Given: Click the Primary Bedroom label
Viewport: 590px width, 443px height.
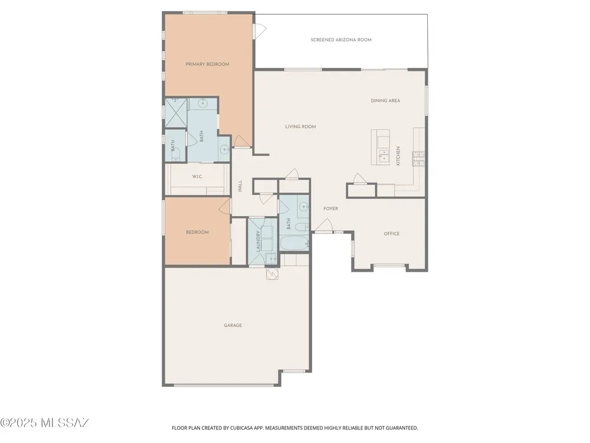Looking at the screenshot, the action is (x=207, y=64).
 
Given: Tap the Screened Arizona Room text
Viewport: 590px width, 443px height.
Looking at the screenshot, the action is (x=341, y=40).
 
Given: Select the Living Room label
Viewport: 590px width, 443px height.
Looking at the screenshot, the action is (x=300, y=126).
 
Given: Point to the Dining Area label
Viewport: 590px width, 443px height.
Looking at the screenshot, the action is (x=385, y=100).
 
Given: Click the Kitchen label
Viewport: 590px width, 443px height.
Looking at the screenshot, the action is (x=398, y=156).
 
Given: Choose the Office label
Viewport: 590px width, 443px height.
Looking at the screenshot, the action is (x=391, y=233).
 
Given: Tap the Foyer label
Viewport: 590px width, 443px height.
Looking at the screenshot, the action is (x=331, y=209).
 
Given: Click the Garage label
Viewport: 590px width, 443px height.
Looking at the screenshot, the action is (x=233, y=325).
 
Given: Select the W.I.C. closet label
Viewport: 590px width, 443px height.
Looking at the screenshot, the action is (x=197, y=176).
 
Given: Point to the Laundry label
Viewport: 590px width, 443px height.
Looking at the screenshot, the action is (x=258, y=241).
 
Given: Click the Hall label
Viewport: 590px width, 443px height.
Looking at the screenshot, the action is (x=240, y=185).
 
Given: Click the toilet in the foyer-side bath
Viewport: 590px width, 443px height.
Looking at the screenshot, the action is (x=301, y=227).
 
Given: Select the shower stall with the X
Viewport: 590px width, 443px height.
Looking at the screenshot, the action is (x=176, y=113).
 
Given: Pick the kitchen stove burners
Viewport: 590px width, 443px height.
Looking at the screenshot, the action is (x=418, y=158).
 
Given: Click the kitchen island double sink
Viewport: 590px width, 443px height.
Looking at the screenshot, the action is (x=384, y=155).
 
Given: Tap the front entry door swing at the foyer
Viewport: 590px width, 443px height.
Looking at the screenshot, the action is (x=324, y=226).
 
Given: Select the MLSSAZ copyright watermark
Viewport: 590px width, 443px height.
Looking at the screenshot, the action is (x=44, y=423).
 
